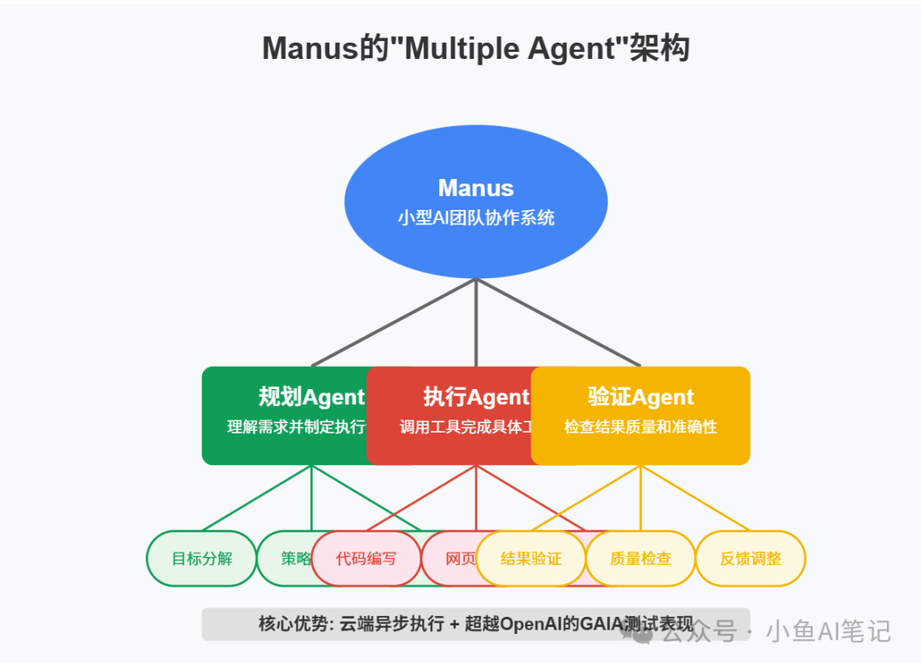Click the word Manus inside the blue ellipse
coord(476,188)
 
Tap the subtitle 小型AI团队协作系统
coord(476,218)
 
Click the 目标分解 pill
coord(201,559)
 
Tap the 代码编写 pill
coord(366,559)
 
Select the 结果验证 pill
coord(530,559)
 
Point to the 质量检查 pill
coord(640,559)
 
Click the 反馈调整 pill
coord(750,559)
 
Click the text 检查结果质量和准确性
coord(640,427)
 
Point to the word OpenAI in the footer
coord(532,624)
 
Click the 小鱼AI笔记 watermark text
coord(828,631)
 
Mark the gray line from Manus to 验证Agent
coord(559,322)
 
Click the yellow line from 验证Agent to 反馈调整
coord(695,497)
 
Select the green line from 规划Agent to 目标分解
coord(256,497)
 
